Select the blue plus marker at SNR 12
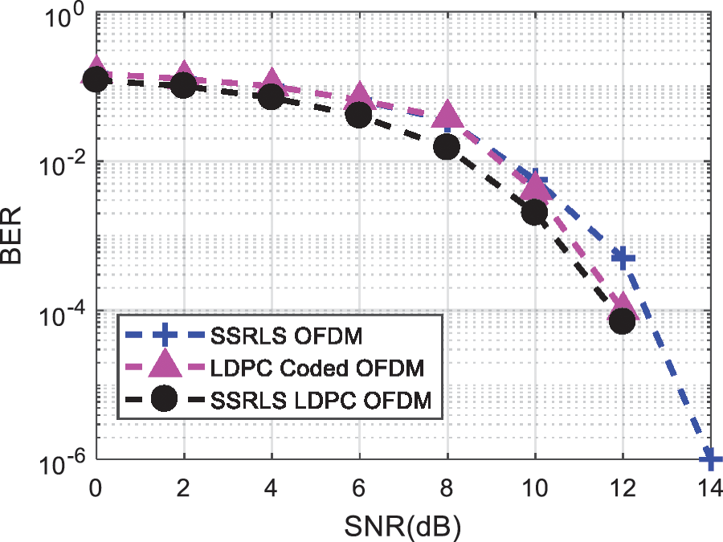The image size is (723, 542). [623, 258]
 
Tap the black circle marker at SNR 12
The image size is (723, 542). [623, 321]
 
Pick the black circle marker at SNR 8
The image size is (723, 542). [447, 147]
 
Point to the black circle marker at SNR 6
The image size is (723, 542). [358, 115]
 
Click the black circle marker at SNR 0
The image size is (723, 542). [96, 79]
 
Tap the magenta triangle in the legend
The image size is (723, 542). [164, 365]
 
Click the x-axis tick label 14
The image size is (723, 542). [707, 487]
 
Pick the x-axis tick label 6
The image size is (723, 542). [358, 487]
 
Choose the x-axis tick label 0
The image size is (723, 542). [96, 487]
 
